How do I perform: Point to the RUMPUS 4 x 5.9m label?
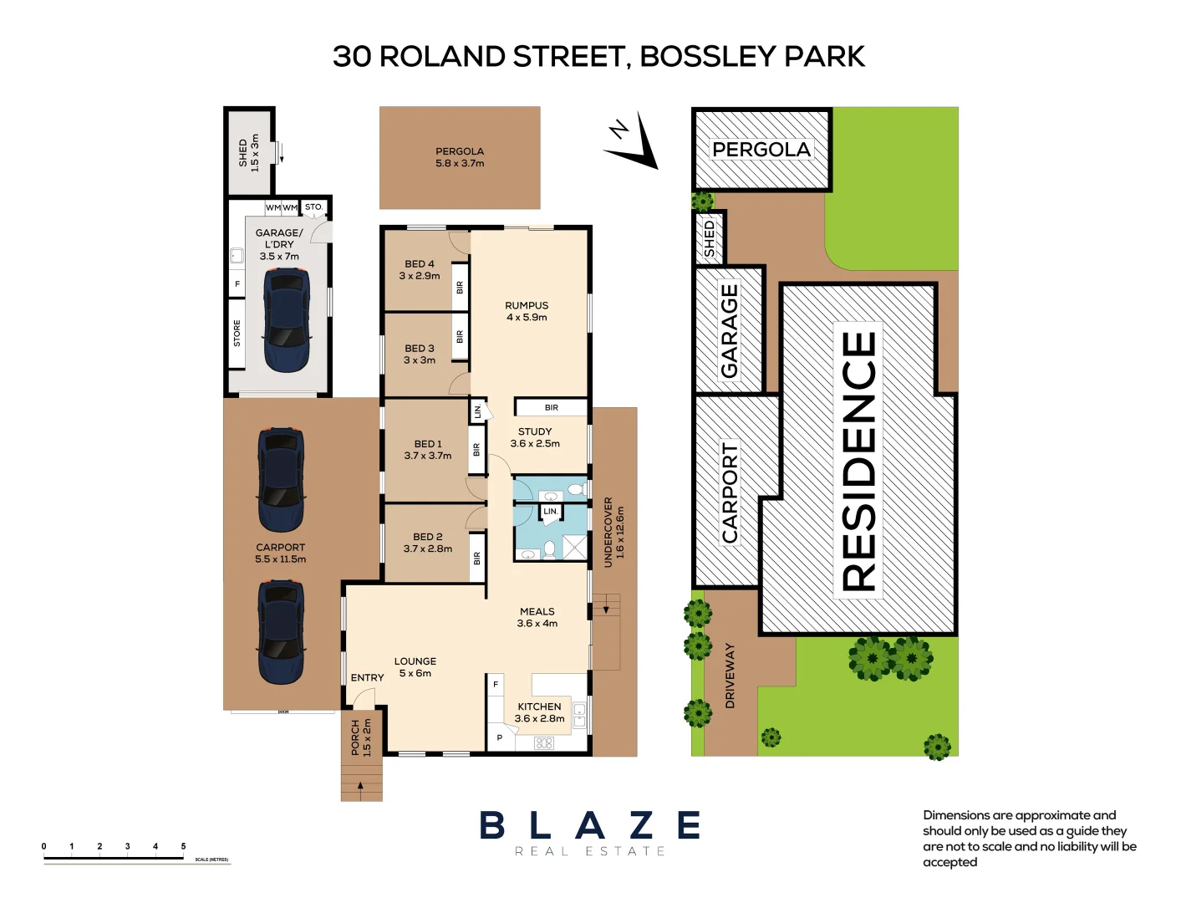tap(527, 311)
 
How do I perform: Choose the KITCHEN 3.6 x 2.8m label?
tap(539, 712)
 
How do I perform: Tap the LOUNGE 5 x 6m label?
tap(415, 666)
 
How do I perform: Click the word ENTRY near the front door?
tap(367, 677)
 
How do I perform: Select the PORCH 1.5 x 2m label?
tap(361, 737)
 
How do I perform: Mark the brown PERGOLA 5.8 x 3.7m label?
tap(460, 157)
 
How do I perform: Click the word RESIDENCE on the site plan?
tap(859, 461)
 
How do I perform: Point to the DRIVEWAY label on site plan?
tap(730, 676)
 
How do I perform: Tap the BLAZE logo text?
tap(590, 825)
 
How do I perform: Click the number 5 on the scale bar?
tap(183, 846)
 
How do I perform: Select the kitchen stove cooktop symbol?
tap(544, 742)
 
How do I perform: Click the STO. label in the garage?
tap(313, 207)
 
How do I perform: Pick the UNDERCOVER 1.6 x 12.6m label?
tap(613, 533)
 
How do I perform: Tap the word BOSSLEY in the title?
tap(707, 56)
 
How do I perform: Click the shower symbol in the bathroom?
tap(575, 548)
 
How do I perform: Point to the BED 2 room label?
tap(428, 543)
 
